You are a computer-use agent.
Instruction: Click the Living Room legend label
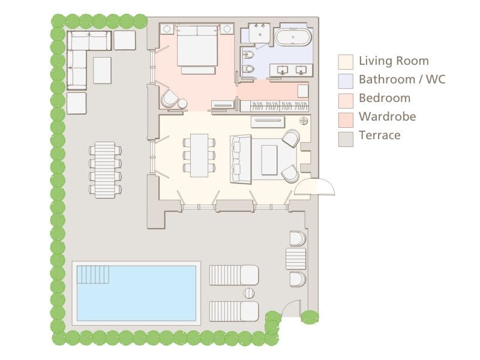pyautogui.click(x=393, y=61)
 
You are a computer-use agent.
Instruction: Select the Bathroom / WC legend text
pyautogui.click(x=401, y=79)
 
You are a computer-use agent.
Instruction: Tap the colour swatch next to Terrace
pyautogui.click(x=346, y=136)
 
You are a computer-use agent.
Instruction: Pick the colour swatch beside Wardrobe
pyautogui.click(x=346, y=118)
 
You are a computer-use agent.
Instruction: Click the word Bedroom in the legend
pyautogui.click(x=384, y=98)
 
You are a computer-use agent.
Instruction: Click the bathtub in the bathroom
pyautogui.click(x=293, y=37)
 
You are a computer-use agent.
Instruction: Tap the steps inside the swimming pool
pyautogui.click(x=93, y=274)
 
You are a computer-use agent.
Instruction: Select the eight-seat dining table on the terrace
pyautogui.click(x=105, y=170)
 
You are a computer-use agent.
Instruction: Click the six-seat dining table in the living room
pyautogui.click(x=199, y=155)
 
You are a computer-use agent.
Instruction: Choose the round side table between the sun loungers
pyautogui.click(x=249, y=293)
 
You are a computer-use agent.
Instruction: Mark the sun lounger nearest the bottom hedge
pyautogui.click(x=233, y=311)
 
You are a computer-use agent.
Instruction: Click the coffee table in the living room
pyautogui.click(x=269, y=159)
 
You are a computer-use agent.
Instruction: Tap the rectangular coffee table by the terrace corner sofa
pyautogui.click(x=102, y=70)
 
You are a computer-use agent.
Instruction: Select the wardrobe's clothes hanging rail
pyautogui.click(x=274, y=106)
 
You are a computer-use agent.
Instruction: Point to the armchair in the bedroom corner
pyautogui.click(x=170, y=98)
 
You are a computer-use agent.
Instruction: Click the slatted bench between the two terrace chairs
pyautogui.click(x=296, y=259)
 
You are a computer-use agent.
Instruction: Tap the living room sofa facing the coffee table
pyautogui.click(x=241, y=159)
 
